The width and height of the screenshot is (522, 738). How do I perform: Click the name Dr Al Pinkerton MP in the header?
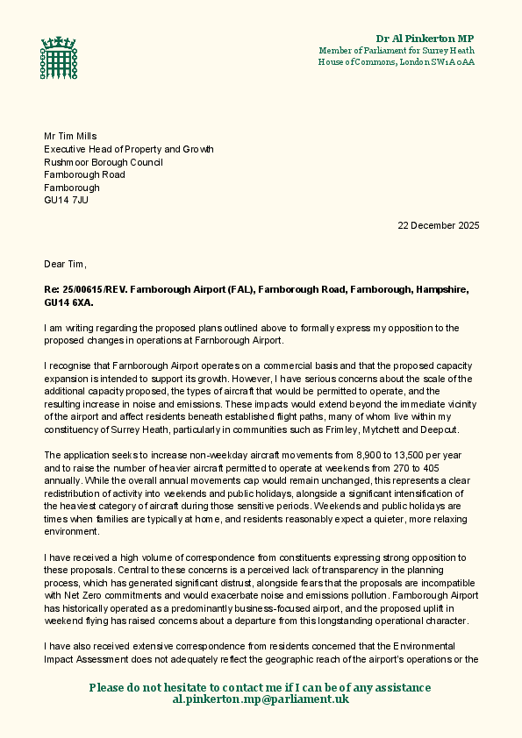point(425,39)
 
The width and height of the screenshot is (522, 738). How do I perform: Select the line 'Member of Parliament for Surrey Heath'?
point(397,51)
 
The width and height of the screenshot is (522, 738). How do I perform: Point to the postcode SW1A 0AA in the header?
point(451,62)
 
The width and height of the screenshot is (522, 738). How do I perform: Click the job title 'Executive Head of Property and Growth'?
point(129,149)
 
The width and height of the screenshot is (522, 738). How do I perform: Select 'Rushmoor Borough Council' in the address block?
point(104,162)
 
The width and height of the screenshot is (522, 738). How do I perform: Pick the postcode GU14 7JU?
point(66,200)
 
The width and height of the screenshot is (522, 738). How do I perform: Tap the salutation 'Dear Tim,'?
point(66,264)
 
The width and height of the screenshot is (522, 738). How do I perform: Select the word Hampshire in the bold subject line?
point(443,289)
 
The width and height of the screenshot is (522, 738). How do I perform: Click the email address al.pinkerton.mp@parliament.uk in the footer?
point(261,699)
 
